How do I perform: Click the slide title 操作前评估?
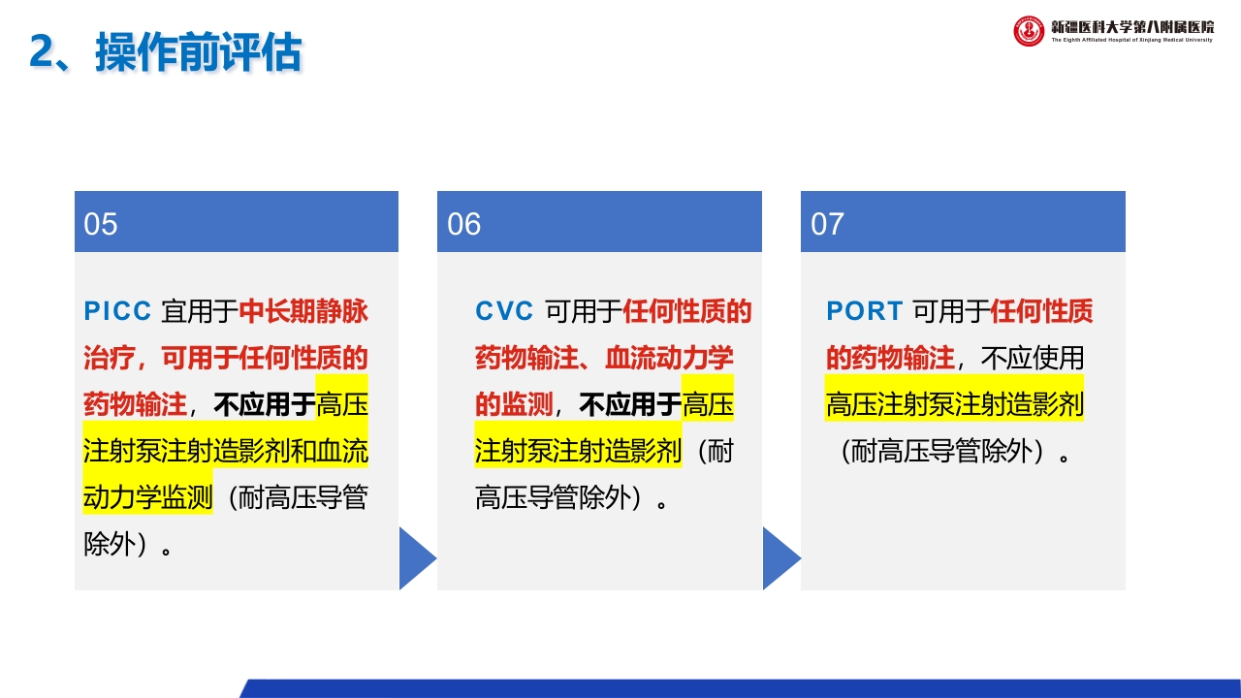coord(198,52)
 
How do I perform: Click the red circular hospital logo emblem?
coord(1029,31)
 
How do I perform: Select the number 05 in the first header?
coord(101,224)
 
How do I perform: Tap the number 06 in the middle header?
coord(464,224)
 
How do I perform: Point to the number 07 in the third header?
coord(828,224)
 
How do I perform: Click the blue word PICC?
coord(118,311)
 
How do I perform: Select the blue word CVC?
coord(504,311)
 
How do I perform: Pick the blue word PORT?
coord(863,311)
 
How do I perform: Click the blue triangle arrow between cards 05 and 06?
coord(417,558)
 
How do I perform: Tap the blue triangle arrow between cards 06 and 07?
coord(780,558)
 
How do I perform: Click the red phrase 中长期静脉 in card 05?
coord(303,311)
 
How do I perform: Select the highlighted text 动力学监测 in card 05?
coord(147,498)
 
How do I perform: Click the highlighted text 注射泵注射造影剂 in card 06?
coord(578,451)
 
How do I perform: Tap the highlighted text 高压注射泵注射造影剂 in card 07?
coord(954,404)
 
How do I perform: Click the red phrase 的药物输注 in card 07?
coord(890,358)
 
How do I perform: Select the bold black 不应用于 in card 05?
coord(265,404)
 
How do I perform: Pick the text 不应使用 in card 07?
coord(1033,358)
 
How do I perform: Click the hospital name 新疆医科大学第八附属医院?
coord(1131,26)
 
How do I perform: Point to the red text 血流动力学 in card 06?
coord(669,358)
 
